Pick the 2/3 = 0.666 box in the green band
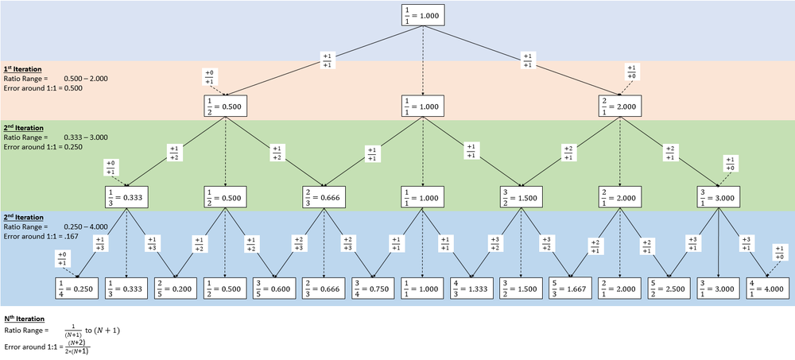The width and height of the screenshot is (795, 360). coord(324,197)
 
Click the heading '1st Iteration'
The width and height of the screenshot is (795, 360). coord(21,69)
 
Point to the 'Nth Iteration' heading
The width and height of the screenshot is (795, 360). coord(22,318)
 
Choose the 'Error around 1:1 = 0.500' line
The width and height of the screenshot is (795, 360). coord(43,87)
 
